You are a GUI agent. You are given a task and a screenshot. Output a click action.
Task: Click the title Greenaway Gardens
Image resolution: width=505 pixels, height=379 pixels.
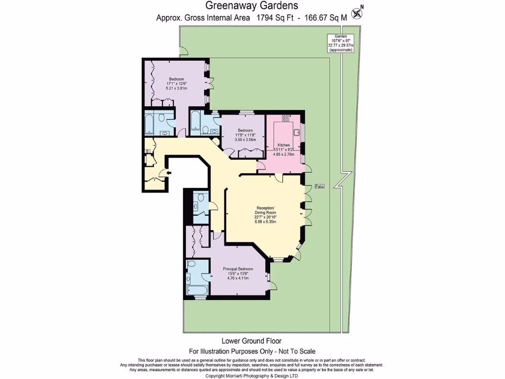(x=252, y=6)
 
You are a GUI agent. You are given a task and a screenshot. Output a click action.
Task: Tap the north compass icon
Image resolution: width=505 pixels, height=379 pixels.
(x=357, y=12)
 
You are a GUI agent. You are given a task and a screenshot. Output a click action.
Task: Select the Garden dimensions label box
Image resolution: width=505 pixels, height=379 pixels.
(x=340, y=43)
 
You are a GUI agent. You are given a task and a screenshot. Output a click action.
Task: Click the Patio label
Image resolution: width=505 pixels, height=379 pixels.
(x=320, y=186)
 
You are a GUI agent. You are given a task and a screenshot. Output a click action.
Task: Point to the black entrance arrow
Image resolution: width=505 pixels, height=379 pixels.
(x=169, y=173)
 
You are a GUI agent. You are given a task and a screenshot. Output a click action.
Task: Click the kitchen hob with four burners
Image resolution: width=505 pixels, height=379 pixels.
(x=285, y=118)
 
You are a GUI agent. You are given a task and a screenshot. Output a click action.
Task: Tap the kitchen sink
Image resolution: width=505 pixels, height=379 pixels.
(x=297, y=132)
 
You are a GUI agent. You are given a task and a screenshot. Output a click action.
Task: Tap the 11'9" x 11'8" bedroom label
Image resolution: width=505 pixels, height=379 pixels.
(x=245, y=135)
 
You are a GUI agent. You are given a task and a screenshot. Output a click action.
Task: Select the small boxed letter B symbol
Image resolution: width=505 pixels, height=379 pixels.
(x=146, y=152)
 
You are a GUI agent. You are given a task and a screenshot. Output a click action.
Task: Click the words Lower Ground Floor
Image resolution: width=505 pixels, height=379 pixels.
(x=252, y=341)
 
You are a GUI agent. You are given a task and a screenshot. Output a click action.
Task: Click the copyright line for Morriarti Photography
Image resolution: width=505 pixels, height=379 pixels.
(x=252, y=376)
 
